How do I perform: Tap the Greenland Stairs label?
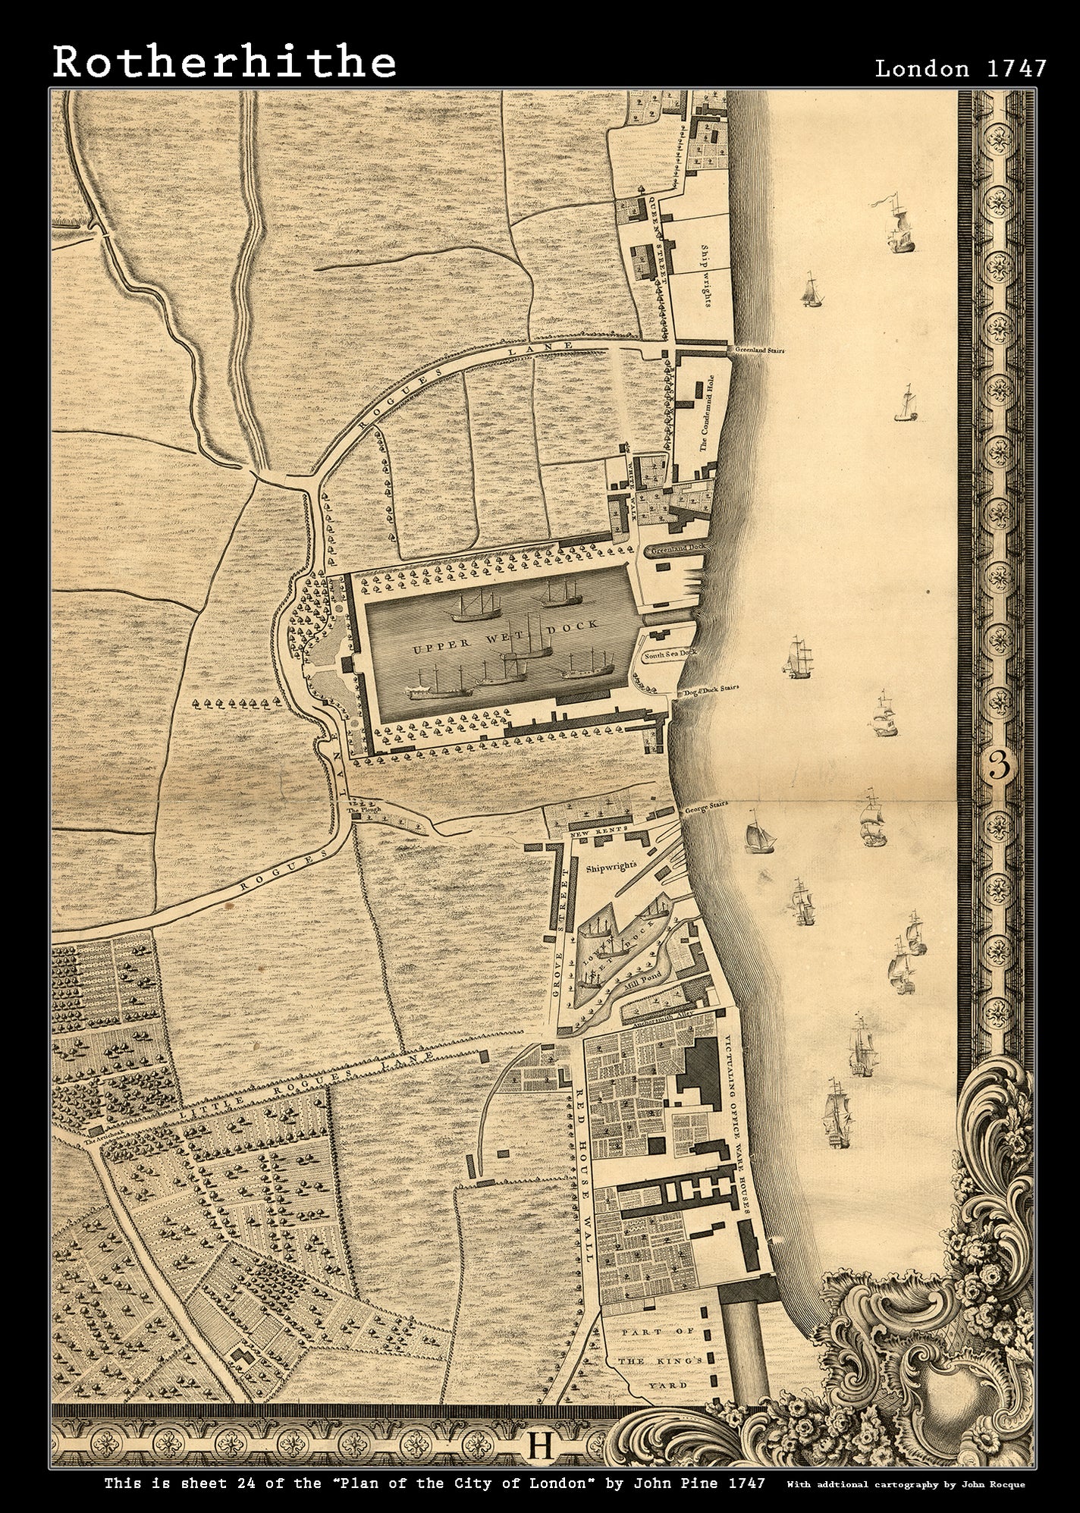[759, 351]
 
